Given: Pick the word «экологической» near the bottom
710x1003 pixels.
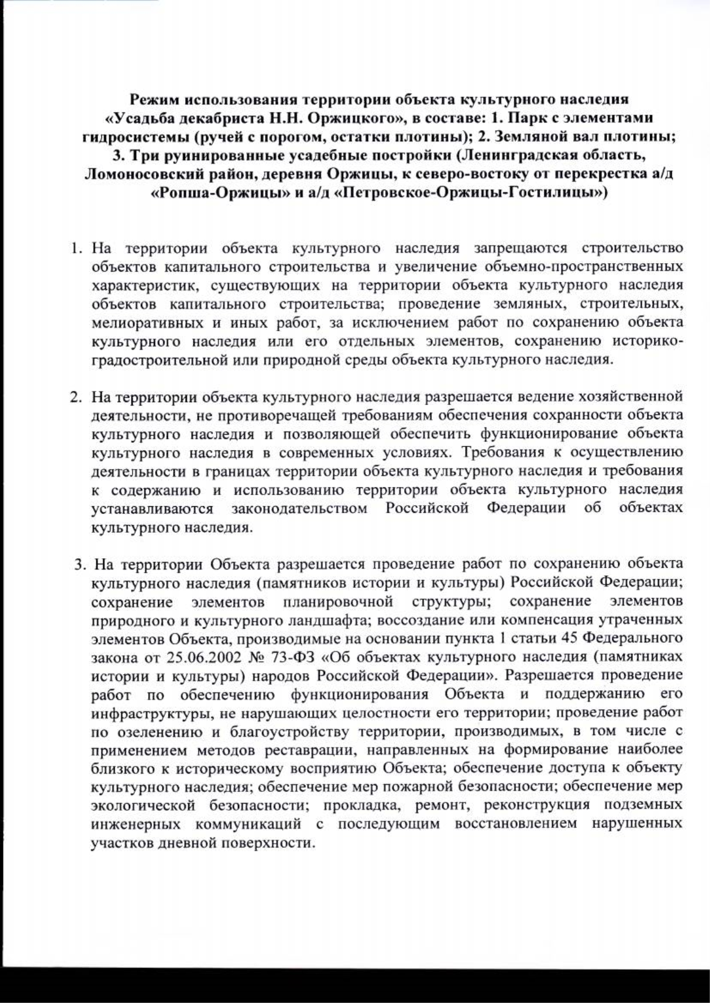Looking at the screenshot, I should (144, 805).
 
